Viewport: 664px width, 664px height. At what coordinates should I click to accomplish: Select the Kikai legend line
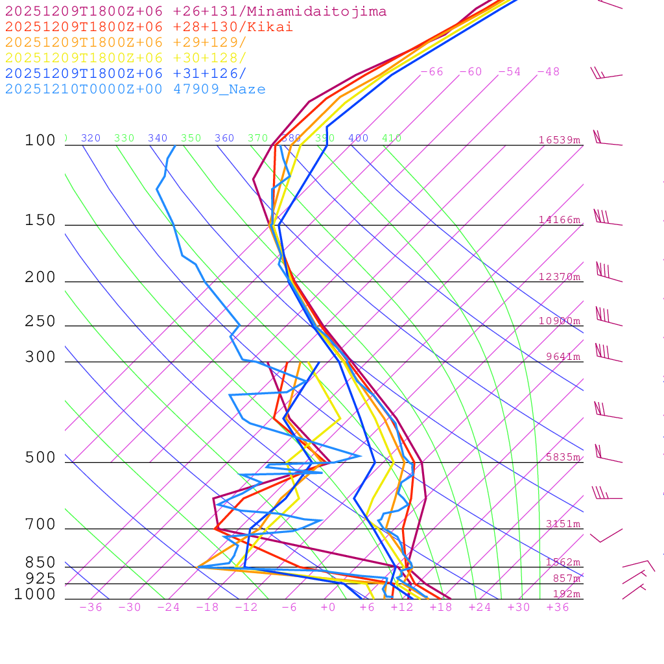149,27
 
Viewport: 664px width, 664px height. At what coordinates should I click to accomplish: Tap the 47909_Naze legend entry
219,89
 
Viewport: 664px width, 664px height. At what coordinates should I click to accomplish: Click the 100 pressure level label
40,141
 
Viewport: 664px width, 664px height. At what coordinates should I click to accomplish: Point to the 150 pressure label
40,220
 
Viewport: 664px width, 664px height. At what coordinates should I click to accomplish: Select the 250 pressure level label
40,322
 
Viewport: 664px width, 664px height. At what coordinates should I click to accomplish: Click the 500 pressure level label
40,458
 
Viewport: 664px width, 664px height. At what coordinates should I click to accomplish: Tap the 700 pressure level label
40,525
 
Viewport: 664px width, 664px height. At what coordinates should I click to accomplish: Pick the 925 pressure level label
40,578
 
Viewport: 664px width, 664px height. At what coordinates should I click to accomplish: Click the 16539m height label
560,140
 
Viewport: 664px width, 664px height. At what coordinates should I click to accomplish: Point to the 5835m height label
563,457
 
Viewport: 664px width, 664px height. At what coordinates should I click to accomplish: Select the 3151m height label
563,524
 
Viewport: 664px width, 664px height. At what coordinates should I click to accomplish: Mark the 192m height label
566,594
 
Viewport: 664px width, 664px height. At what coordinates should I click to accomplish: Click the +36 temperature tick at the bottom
558,608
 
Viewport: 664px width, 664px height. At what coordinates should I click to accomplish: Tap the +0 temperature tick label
328,608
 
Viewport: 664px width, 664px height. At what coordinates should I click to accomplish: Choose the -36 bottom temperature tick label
91,608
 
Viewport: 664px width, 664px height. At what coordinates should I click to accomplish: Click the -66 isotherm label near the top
432,72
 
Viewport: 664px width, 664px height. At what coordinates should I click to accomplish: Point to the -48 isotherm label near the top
549,72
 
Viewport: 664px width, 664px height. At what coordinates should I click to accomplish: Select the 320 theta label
91,138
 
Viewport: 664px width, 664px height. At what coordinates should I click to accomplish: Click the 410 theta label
392,138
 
